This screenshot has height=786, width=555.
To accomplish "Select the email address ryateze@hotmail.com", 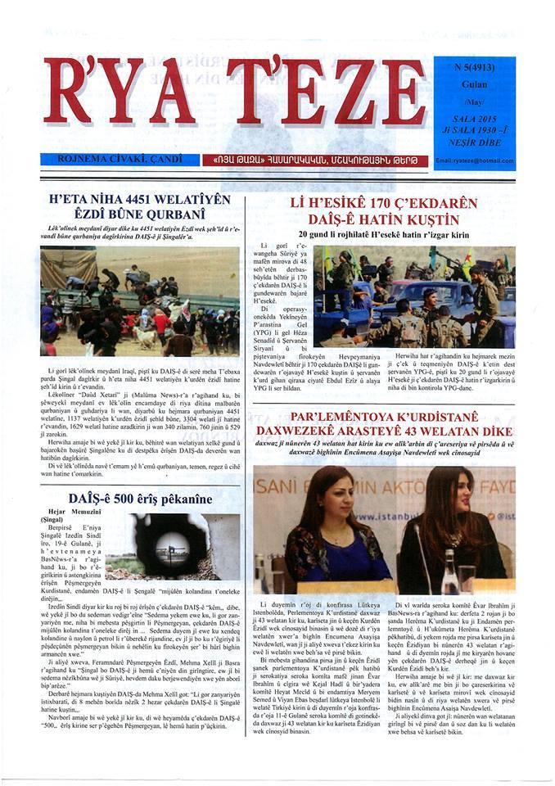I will pos(475,160).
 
